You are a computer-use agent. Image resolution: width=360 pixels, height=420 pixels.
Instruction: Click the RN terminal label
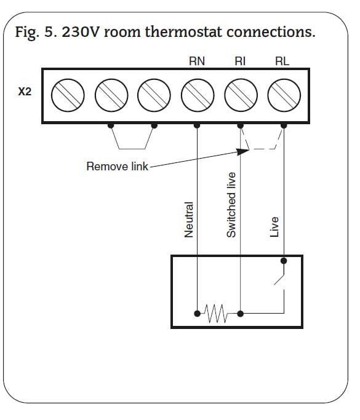pos(197,61)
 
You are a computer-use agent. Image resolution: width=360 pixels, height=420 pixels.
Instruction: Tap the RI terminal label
pos(240,61)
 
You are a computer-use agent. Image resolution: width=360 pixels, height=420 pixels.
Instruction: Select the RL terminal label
pos(282,61)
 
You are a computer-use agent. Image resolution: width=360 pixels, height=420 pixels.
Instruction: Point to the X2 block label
pos(25,92)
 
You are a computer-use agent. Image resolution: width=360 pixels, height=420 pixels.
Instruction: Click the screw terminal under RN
pos(198,95)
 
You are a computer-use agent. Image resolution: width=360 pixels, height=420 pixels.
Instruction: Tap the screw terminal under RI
pos(241,95)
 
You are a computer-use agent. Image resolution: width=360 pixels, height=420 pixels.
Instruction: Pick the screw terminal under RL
pos(284,95)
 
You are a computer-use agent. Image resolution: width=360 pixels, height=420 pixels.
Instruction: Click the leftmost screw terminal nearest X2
pos(68,95)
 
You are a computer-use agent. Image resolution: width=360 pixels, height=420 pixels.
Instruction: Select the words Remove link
pos(117,166)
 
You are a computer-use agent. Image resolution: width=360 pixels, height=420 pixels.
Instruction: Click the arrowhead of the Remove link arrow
pos(243,152)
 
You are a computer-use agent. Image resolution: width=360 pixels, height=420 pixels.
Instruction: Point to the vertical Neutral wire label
pos(189,220)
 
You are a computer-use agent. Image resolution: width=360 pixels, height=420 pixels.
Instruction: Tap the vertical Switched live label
pos(231,205)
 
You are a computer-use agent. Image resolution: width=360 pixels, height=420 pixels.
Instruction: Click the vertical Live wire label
pos(274,227)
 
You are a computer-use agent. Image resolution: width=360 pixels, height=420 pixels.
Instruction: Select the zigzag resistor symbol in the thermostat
pos(216,313)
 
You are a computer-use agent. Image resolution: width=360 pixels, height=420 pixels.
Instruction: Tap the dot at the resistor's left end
pos(197,314)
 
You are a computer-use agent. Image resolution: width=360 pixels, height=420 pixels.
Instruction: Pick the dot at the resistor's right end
pos(241,314)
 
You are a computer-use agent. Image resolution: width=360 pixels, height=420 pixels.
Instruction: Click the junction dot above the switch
pos(284,261)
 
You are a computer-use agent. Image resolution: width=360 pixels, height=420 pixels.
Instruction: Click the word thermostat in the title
pos(183,32)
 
